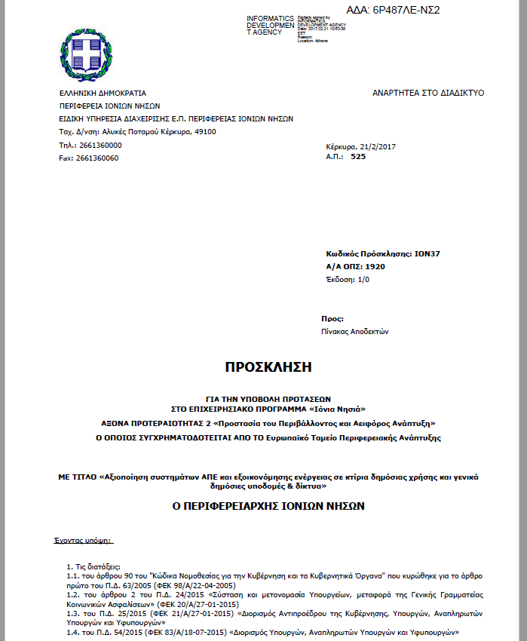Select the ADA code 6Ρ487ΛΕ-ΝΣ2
click(403, 10)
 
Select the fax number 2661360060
click(97, 158)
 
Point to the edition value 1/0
click(363, 280)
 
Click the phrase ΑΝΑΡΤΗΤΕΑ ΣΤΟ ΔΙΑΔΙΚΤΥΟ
click(428, 93)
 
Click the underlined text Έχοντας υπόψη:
click(84, 541)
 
